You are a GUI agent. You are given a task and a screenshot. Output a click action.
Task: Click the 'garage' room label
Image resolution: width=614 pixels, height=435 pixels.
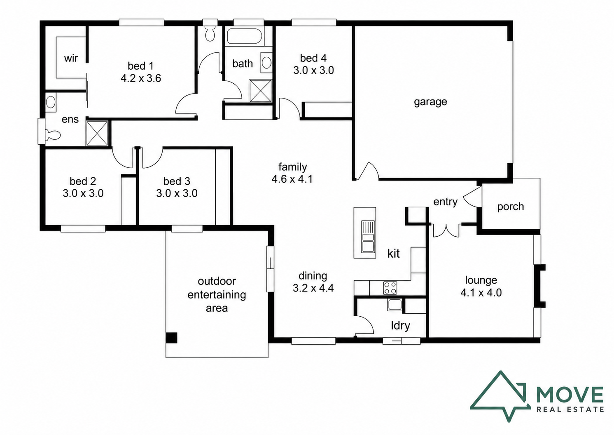coord(430,102)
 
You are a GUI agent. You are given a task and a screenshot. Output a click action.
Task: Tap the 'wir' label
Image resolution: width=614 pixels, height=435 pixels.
coord(71,58)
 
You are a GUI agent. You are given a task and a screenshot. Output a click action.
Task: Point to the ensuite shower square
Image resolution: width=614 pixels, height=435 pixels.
coord(97,133)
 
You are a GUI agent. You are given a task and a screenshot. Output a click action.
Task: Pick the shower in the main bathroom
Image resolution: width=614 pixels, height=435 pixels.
coord(260,91)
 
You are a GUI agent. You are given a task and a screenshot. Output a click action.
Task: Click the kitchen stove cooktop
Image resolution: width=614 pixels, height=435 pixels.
coord(390,288)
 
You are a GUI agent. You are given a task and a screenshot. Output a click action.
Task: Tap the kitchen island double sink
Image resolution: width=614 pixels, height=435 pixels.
coord(368,237)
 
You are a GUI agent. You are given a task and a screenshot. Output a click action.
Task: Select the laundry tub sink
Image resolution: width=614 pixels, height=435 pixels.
coord(395,305)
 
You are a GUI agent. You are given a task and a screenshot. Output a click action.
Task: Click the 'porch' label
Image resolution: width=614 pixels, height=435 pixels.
coord(510,207)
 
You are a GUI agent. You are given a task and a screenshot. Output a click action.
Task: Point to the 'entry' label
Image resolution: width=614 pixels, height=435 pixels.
coord(445,202)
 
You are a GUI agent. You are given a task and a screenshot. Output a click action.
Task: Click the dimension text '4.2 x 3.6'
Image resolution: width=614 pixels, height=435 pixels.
coord(140,78)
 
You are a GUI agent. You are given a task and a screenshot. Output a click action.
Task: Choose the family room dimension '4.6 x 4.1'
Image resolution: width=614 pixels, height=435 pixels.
coord(292,179)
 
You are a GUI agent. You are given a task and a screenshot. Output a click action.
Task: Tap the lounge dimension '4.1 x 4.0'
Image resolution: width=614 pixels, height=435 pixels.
coord(481,293)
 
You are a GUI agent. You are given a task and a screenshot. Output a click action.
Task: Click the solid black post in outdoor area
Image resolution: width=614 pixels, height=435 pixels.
coord(171,338)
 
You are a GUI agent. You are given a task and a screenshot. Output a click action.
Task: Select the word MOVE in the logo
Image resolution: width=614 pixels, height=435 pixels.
coord(570,394)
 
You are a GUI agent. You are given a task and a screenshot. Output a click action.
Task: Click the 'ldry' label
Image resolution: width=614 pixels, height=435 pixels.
coord(400,325)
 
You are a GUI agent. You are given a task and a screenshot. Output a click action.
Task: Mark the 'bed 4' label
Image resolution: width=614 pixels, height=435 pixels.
coord(313,58)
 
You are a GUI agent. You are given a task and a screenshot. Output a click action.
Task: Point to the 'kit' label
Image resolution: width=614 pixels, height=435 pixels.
coord(393,254)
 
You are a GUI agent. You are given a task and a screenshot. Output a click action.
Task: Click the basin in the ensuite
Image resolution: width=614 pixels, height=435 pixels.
coord(51,102)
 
